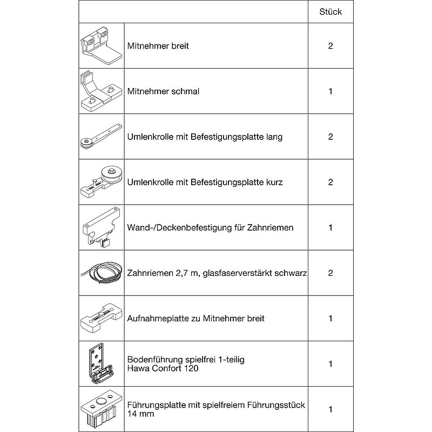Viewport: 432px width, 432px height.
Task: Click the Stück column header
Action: [x=330, y=11]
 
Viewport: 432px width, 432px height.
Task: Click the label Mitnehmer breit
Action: [x=158, y=46]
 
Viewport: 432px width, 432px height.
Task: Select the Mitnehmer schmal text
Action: [x=163, y=91]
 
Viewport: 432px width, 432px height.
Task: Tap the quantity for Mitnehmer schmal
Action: [x=330, y=91]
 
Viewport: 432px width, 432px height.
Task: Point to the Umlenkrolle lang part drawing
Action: [x=101, y=137]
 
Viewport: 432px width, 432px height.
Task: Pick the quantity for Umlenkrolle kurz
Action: [x=330, y=182]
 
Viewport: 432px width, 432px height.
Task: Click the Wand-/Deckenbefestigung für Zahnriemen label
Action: [x=211, y=227]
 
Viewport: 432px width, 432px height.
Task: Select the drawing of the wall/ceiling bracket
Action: [x=101, y=227]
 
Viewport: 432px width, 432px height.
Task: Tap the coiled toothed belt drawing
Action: [x=101, y=272]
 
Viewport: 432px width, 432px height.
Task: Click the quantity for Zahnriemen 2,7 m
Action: [x=330, y=273]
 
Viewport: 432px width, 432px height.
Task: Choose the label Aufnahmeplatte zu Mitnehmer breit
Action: [x=196, y=318]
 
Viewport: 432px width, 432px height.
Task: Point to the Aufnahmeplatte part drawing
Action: [x=101, y=318]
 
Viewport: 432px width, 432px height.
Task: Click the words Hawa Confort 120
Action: [x=163, y=368]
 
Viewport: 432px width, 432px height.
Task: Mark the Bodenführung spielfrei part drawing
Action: [x=101, y=363]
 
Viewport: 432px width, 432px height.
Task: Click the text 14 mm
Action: [x=140, y=414]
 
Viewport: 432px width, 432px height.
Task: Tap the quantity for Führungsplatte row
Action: [x=330, y=409]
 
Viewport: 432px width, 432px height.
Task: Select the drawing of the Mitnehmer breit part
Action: [x=101, y=46]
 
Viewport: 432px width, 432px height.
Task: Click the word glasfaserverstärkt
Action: [x=238, y=273]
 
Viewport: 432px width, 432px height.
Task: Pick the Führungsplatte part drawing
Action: [x=101, y=409]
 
